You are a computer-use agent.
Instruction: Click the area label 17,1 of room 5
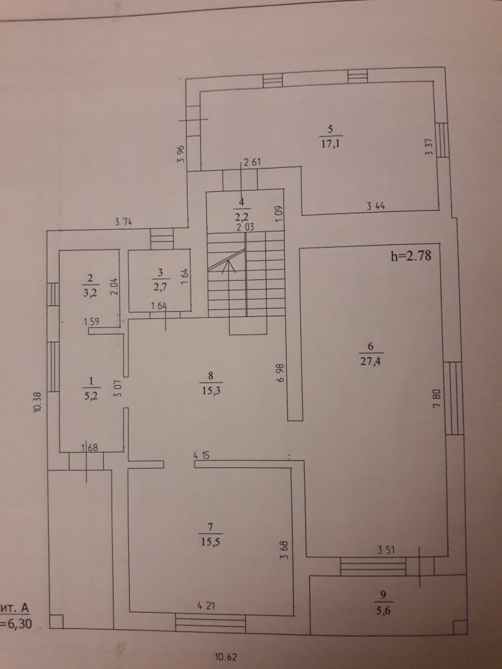pos(331,144)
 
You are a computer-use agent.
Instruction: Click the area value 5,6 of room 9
pos(385,609)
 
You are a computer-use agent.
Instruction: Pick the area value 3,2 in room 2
pos(90,292)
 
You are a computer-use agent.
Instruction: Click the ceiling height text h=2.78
pos(410,255)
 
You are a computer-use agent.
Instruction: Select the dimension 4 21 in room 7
pos(206,606)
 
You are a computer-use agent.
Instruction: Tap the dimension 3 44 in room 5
pos(377,207)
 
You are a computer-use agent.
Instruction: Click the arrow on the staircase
pos(227,263)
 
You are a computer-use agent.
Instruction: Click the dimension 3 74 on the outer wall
pos(125,222)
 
